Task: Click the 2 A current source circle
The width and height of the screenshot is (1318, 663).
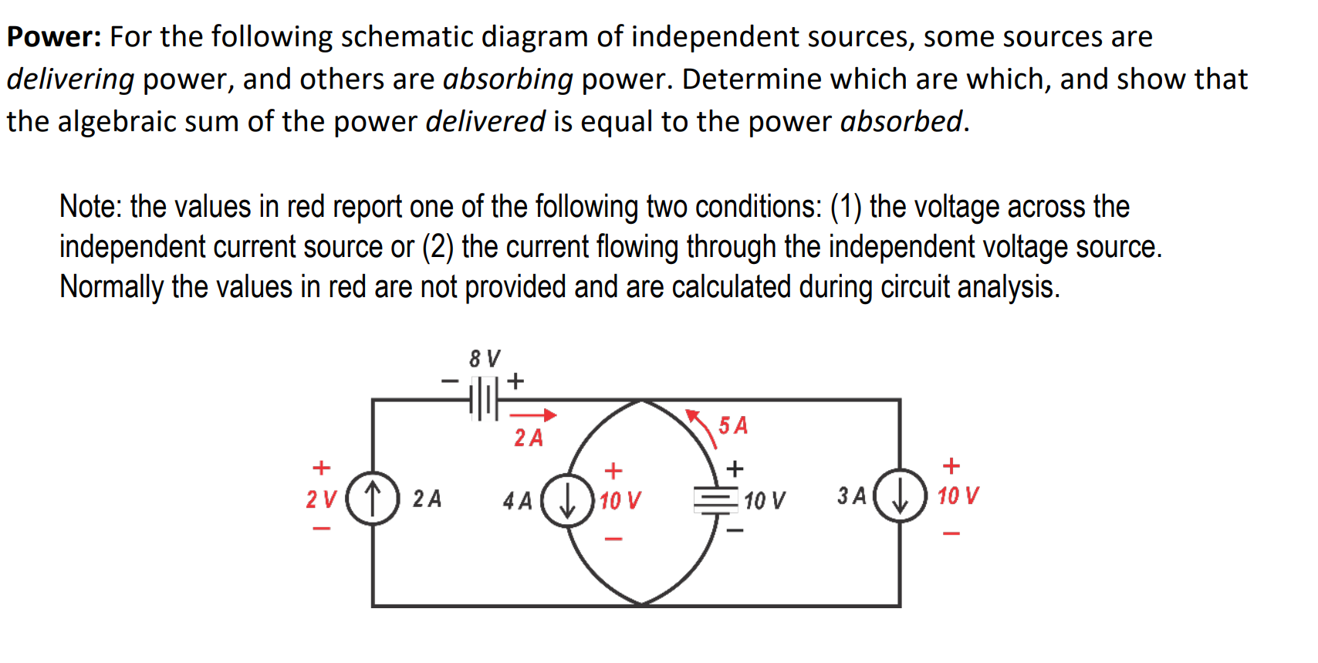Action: coord(373,498)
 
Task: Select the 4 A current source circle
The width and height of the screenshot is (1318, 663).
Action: coord(567,501)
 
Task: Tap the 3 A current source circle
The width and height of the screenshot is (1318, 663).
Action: coord(900,496)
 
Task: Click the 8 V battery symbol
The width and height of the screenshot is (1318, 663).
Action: coord(484,398)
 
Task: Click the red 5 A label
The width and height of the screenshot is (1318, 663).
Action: coord(733,425)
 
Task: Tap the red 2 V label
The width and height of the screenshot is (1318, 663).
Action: coord(321,499)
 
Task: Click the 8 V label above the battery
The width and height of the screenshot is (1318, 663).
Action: coord(485,358)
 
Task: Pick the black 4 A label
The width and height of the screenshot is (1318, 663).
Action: coord(517,501)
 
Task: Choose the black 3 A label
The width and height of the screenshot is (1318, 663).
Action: coord(852,496)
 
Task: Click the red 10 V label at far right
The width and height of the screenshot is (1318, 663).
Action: coord(958,496)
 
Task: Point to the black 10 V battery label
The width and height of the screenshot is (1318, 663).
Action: coord(764,501)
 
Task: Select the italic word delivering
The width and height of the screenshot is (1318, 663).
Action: coord(70,79)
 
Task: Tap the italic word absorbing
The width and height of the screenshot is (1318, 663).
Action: coord(508,79)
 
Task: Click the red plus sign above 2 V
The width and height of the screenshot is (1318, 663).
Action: coord(321,468)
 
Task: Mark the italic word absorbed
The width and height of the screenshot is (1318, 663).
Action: coord(901,121)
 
